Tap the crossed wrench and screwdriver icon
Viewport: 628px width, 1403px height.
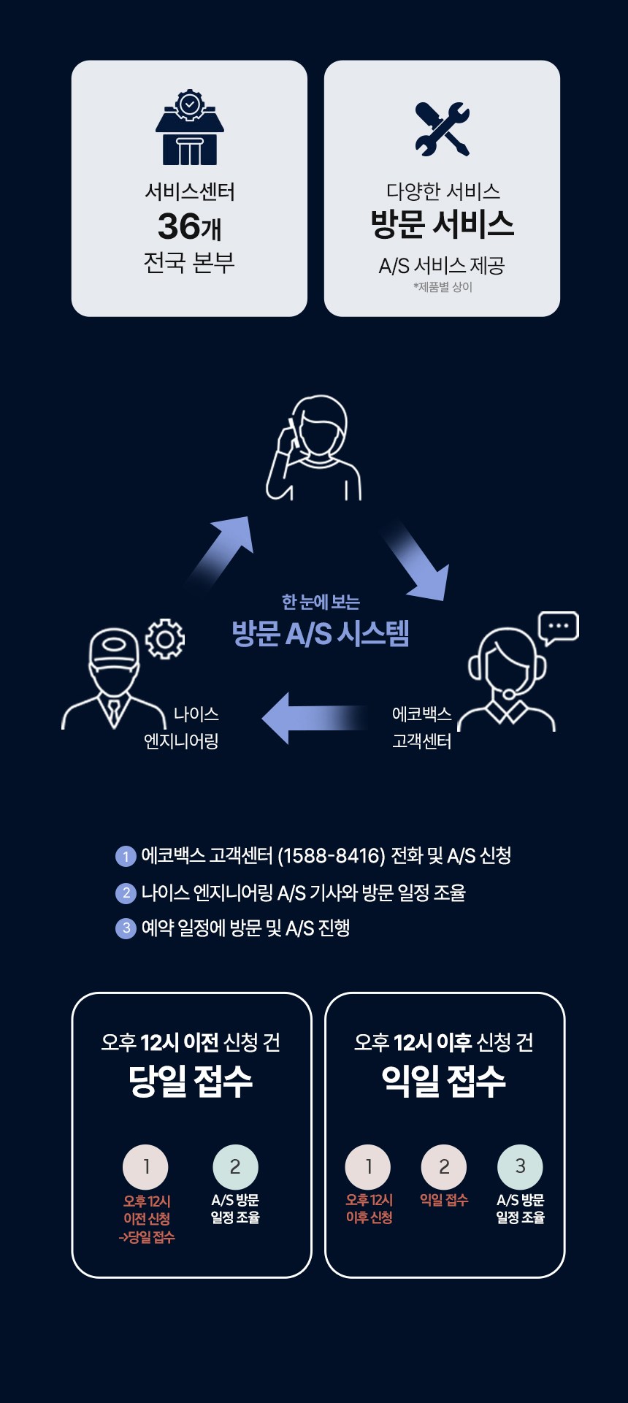pos(442,129)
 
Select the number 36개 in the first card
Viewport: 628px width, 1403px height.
pos(189,226)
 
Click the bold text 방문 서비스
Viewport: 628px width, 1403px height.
pos(442,223)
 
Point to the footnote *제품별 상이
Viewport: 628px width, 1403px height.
pos(442,287)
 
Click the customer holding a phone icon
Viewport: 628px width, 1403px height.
pos(314,448)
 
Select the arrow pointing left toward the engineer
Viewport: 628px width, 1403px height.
pos(314,718)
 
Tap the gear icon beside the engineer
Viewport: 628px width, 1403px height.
pos(165,639)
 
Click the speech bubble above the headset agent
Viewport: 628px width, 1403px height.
pos(558,627)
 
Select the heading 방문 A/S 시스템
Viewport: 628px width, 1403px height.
pos(321,633)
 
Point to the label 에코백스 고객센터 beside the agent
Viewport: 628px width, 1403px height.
pos(421,727)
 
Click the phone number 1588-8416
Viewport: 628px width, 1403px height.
pos(332,855)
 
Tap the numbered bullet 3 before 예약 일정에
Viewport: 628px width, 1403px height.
pos(126,928)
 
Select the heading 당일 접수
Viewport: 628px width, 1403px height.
pos(191,1080)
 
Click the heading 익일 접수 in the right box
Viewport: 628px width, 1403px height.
pos(443,1080)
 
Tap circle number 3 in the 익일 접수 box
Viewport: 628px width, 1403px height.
pos(520,1166)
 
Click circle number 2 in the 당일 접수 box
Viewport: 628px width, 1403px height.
pos(235,1166)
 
